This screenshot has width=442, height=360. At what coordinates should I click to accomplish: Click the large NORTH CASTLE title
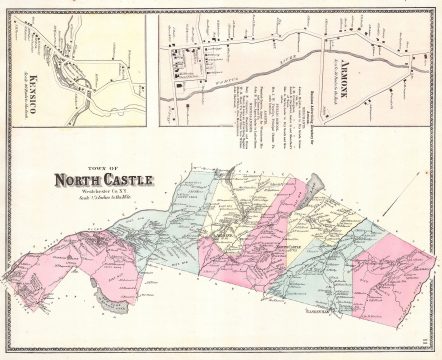(105, 180)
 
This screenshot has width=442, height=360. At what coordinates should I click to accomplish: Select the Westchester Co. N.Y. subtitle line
(105, 191)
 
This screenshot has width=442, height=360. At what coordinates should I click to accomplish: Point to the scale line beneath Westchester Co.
(105, 198)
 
